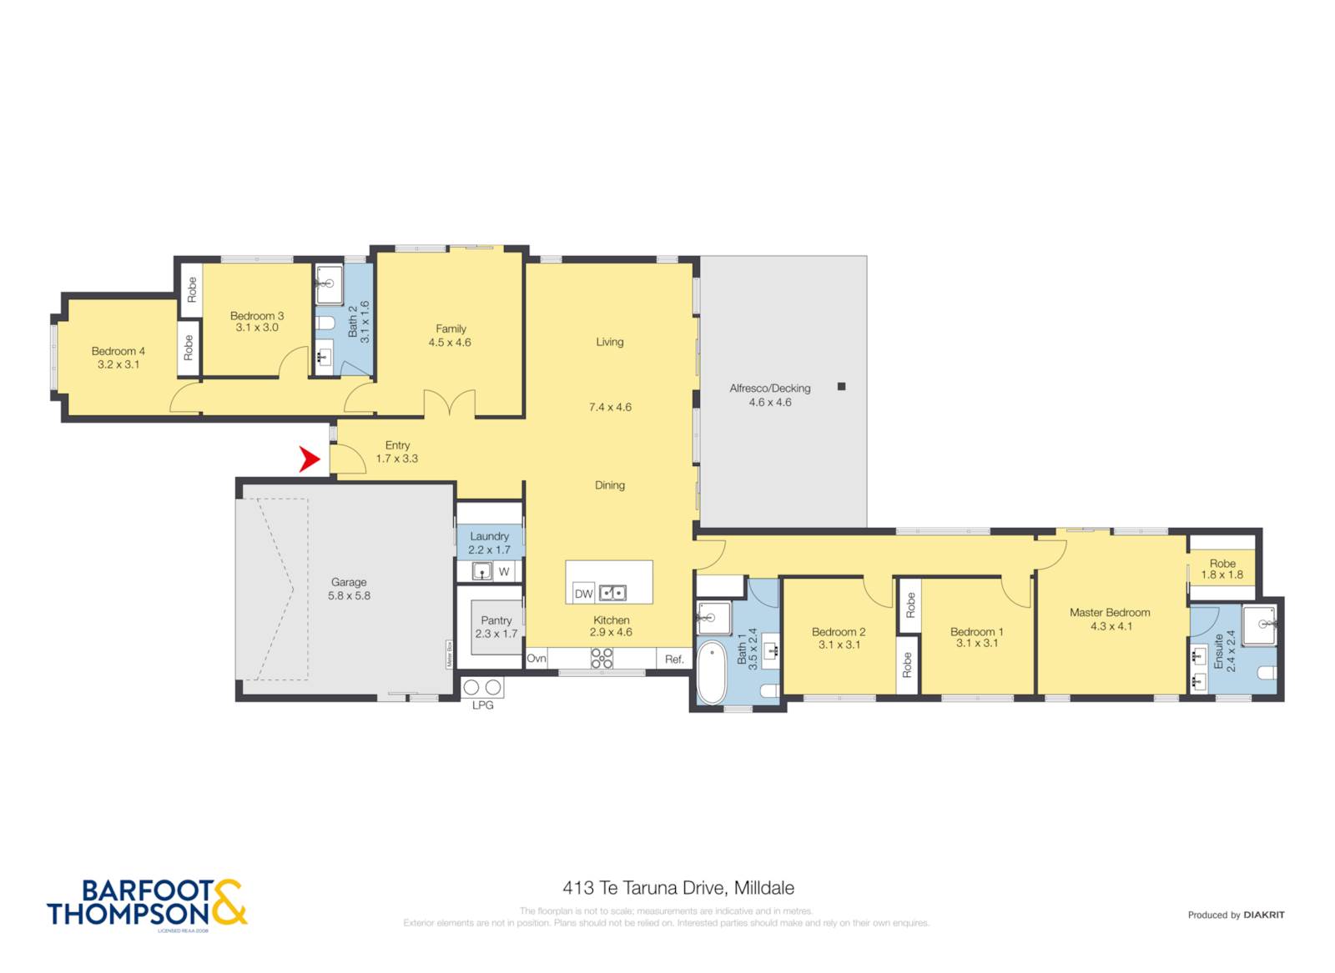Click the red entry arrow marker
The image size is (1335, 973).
point(310,459)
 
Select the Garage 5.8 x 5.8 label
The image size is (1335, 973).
point(349,589)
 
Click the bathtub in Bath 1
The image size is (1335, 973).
point(712,673)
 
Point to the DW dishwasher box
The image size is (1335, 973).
point(583,594)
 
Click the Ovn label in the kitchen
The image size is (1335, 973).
point(536,659)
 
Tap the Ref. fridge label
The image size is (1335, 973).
point(674,660)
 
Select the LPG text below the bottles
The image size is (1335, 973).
point(483,705)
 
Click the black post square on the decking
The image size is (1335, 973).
point(841,386)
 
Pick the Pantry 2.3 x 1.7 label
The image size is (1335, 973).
point(496,627)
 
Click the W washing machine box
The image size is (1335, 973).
point(504,572)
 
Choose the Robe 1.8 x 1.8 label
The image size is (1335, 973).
point(1222,569)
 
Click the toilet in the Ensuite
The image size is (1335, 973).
point(1267,673)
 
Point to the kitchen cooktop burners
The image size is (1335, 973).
point(602,659)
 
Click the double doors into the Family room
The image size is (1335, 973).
point(450,405)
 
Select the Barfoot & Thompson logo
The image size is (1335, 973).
point(147,904)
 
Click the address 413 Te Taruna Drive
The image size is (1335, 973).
point(678,888)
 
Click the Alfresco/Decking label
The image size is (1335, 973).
point(769,394)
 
